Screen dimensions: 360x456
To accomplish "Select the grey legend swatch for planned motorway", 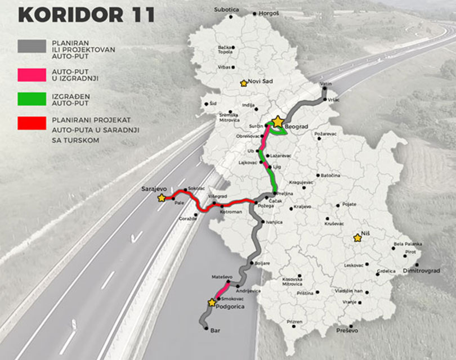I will click(32, 46).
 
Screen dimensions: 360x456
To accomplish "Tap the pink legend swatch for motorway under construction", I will click(32, 74).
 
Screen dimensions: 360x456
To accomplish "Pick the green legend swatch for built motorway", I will click(32, 100).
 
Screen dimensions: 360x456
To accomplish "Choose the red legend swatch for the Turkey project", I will click(32, 123).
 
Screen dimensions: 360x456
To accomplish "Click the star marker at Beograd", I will click(278, 121).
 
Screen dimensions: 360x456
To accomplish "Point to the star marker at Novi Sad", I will click(244, 83).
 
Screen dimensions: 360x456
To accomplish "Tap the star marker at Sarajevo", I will click(162, 198).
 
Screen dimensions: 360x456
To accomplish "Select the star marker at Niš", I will click(356, 238).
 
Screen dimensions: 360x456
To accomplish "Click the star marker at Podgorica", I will click(212, 302).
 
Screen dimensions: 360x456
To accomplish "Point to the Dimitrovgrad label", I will click(421, 271).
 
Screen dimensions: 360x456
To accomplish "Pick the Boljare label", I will click(262, 263).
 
